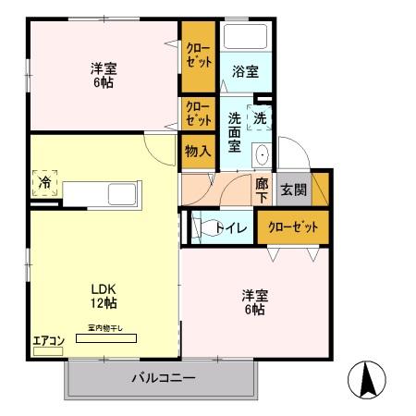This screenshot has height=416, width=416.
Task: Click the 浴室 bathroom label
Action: click(x=245, y=69)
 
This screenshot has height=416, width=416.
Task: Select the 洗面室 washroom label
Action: click(x=234, y=132)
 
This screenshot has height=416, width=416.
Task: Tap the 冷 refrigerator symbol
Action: click(x=44, y=182)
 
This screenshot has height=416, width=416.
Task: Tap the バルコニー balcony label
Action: click(x=162, y=377)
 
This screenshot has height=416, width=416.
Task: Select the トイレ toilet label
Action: click(x=230, y=227)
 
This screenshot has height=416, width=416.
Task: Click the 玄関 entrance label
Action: click(x=294, y=190)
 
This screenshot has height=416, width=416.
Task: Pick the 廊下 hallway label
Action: click(x=263, y=190)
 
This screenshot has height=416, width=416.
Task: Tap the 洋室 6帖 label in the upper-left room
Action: click(x=103, y=75)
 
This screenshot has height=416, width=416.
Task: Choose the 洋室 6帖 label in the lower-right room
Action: click(x=255, y=302)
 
